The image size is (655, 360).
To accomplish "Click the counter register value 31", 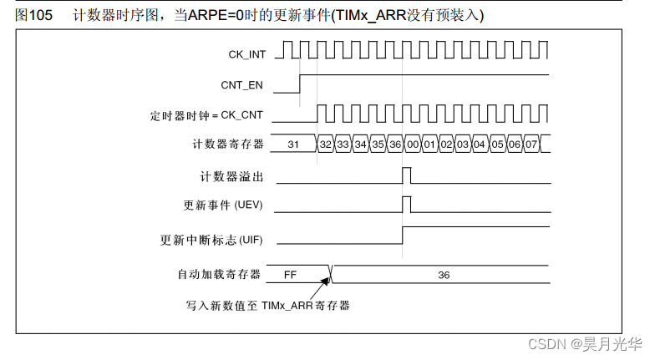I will pyautogui.click(x=293, y=145).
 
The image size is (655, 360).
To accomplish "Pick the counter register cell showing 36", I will pyautogui.click(x=395, y=145).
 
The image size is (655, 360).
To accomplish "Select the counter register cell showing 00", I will pyautogui.click(x=412, y=145).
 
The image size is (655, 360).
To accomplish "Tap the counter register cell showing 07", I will pyautogui.click(x=532, y=145).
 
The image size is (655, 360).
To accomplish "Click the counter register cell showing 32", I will pyautogui.click(x=326, y=145).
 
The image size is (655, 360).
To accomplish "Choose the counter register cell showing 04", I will pyautogui.click(x=480, y=145).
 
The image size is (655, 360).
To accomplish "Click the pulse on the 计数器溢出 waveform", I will pyautogui.click(x=406, y=175).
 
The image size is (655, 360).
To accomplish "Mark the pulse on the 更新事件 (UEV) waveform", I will pyautogui.click(x=406, y=204).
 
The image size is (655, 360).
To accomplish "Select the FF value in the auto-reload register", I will pyautogui.click(x=291, y=273).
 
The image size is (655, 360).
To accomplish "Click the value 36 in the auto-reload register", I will pyautogui.click(x=444, y=273).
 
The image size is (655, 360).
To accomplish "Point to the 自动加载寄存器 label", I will pyautogui.click(x=219, y=273).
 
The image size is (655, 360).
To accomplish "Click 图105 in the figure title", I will pyautogui.click(x=34, y=15).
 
